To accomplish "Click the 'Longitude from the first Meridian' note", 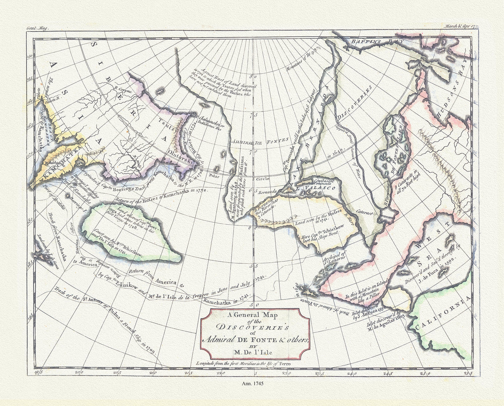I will (250, 363).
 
